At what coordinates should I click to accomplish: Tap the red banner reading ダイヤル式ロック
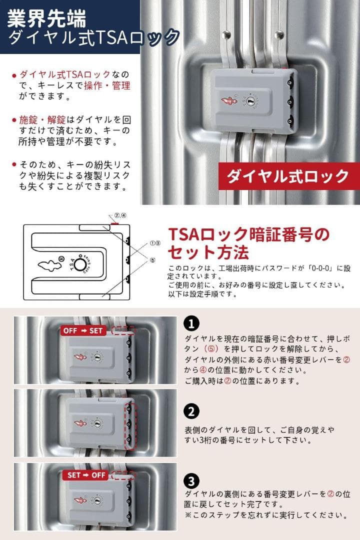(x=288, y=176)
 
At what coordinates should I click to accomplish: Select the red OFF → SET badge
(x=82, y=330)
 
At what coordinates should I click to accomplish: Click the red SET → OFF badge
(x=87, y=475)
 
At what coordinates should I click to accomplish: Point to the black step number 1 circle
(x=191, y=323)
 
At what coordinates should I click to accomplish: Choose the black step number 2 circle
(x=191, y=411)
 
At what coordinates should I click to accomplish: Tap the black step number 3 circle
(x=191, y=481)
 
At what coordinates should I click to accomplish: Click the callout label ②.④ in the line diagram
(x=121, y=216)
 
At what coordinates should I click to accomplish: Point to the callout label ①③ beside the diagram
(x=155, y=243)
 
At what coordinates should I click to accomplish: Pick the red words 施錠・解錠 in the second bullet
(x=42, y=120)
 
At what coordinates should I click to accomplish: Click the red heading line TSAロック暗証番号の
(x=248, y=233)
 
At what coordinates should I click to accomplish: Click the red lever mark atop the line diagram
(x=114, y=224)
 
